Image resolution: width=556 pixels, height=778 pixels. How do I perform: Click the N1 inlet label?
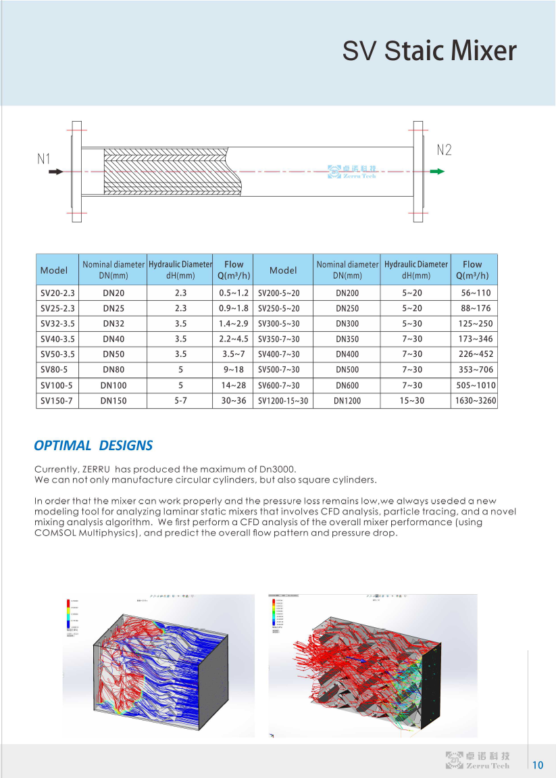pos(44,159)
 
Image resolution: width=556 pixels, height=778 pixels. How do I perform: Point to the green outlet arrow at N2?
pos(438,172)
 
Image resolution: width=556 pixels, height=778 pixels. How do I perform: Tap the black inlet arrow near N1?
pos(56,172)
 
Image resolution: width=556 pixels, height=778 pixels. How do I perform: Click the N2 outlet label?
pos(444,150)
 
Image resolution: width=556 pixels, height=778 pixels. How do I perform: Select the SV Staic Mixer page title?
pos(429,52)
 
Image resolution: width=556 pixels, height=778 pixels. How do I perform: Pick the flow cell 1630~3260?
pos(474,401)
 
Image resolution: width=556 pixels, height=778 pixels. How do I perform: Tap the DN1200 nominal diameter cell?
pos(347,401)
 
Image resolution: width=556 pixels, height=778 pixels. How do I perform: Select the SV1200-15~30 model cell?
pos(283,401)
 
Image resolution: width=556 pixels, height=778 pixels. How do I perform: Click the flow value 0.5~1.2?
pos(234,293)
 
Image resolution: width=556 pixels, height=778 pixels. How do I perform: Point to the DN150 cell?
pos(113,401)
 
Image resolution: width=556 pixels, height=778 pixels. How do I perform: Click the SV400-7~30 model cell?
pos(279,354)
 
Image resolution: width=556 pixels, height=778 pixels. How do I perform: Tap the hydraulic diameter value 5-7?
pos(180,401)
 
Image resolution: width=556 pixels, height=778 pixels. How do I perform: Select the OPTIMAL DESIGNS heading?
pos(93,445)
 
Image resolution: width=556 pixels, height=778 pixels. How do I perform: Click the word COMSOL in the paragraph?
pos(55,533)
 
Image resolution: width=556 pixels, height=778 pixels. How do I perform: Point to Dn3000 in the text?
pos(276,469)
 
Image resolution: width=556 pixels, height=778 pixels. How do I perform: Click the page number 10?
pos(538,765)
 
